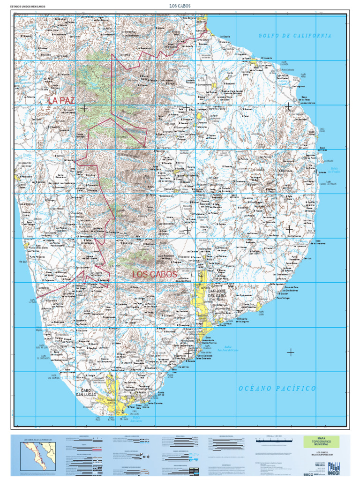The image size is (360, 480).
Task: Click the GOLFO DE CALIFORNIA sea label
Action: pos(295,36)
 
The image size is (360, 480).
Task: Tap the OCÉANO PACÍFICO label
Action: pos(277,389)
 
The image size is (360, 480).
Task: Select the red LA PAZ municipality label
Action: pos(61,100)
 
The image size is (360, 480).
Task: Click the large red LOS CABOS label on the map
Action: pos(154,274)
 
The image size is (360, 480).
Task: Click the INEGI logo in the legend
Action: pos(334,468)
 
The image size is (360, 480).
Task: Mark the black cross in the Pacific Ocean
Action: pos(291,352)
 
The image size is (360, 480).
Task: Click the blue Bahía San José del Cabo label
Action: pos(228,348)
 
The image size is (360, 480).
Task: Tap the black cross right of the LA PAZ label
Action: pos(84,108)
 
